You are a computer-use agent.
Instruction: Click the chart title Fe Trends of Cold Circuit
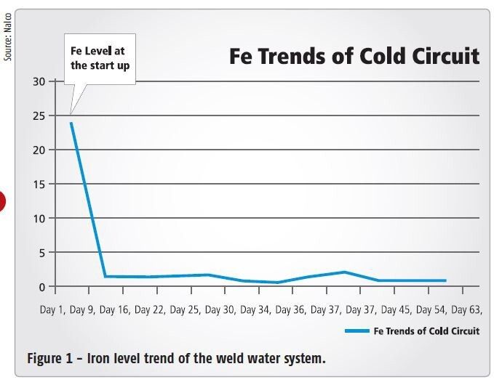pos(354,56)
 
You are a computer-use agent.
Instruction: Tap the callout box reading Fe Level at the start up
pos(100,58)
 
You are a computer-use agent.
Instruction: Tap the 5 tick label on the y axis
pos(40,252)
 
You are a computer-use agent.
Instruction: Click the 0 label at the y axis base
pos(40,286)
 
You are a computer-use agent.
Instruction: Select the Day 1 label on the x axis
pos(52,310)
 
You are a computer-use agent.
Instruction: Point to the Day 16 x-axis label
pos(115,310)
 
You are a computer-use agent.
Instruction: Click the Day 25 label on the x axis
pos(186,310)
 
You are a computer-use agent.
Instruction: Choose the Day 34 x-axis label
pos(255,310)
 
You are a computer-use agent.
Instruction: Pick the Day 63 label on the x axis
pos(466,310)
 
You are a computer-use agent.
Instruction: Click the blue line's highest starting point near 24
pos(71,123)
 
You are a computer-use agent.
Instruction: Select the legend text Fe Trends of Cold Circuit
pos(426,331)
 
